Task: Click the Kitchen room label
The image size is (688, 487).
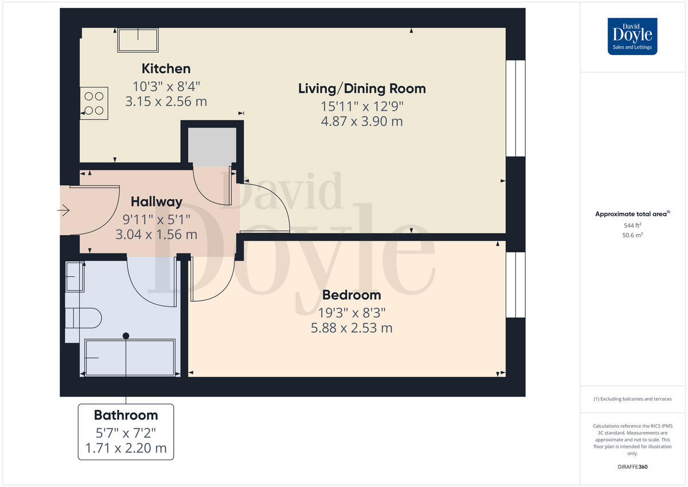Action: coord(166,69)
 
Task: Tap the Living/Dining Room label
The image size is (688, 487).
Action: coord(362,88)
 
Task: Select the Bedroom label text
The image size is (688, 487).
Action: coord(351,295)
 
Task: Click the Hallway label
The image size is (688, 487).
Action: coord(157,201)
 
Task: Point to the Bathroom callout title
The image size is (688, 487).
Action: coord(126,415)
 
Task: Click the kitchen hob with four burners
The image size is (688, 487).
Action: coord(93,103)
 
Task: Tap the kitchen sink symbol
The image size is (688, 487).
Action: coord(138,40)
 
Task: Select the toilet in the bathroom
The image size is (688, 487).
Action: coord(84,317)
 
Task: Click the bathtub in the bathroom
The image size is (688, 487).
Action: coord(130,357)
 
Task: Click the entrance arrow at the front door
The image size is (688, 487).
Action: coord(63,211)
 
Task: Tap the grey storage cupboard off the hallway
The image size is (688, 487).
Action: coord(212,146)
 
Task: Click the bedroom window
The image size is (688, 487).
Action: coord(515,285)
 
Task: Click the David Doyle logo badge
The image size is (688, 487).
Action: coord(632,36)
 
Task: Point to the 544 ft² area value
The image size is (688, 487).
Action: coord(632,225)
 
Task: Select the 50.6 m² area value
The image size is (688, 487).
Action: coord(632,235)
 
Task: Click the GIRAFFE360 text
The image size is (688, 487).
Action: coord(632,467)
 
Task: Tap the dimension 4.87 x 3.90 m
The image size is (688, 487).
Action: coord(361,122)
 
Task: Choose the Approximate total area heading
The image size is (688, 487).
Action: coord(632,214)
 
